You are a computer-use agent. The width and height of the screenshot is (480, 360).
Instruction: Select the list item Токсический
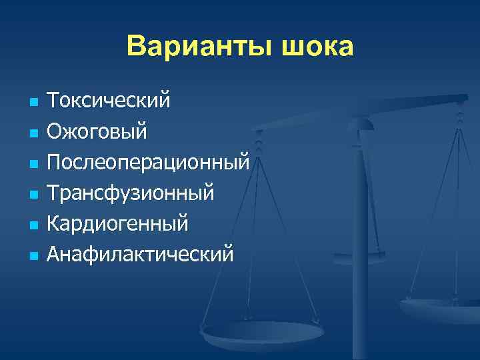109,101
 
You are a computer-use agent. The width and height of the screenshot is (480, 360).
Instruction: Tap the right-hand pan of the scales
440,307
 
